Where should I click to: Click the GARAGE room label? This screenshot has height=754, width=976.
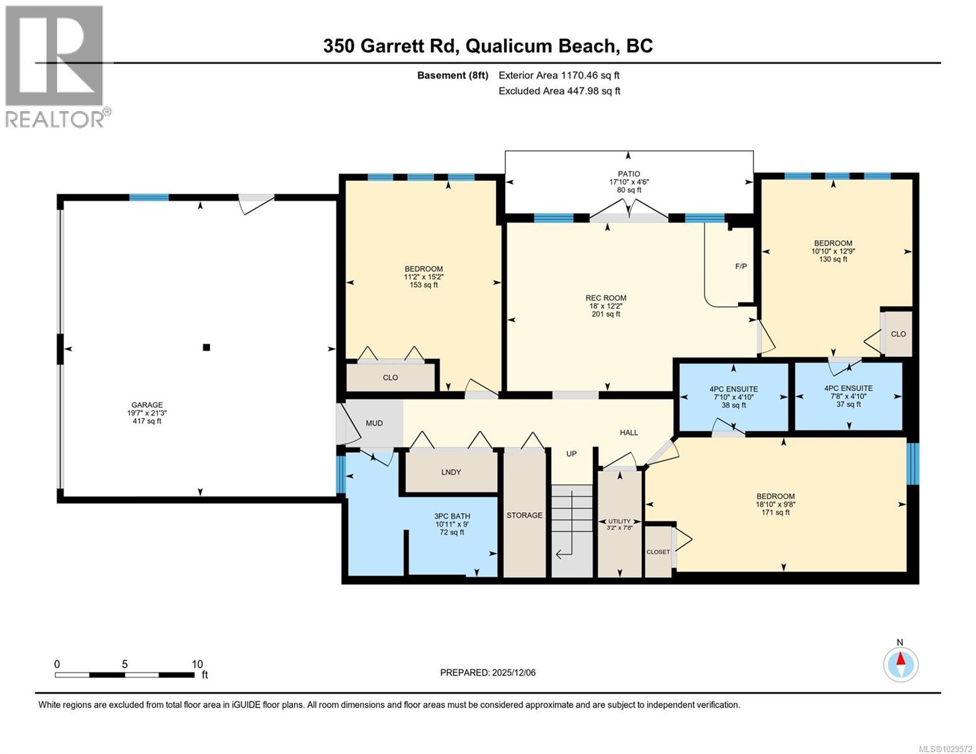[147, 405]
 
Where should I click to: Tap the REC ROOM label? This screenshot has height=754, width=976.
[606, 298]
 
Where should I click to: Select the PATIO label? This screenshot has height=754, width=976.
[628, 174]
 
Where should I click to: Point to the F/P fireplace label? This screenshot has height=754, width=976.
[741, 266]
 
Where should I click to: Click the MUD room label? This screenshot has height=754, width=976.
[374, 423]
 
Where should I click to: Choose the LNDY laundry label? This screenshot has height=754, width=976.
[451, 472]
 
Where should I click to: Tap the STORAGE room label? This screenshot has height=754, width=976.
[524, 515]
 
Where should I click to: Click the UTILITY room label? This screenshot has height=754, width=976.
[619, 522]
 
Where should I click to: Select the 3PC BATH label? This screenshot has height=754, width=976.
[452, 516]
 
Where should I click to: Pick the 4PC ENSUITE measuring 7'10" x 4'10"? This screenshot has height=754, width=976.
[733, 389]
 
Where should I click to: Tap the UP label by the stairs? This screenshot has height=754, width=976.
[571, 454]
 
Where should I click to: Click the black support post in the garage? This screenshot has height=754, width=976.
[206, 347]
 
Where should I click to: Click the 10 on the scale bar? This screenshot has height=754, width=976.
[197, 664]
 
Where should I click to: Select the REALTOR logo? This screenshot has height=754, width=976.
[55, 66]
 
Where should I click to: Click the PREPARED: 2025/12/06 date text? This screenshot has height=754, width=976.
[488, 673]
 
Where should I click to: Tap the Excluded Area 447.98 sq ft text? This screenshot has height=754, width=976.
[559, 91]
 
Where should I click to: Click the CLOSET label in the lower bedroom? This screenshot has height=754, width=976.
[658, 552]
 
